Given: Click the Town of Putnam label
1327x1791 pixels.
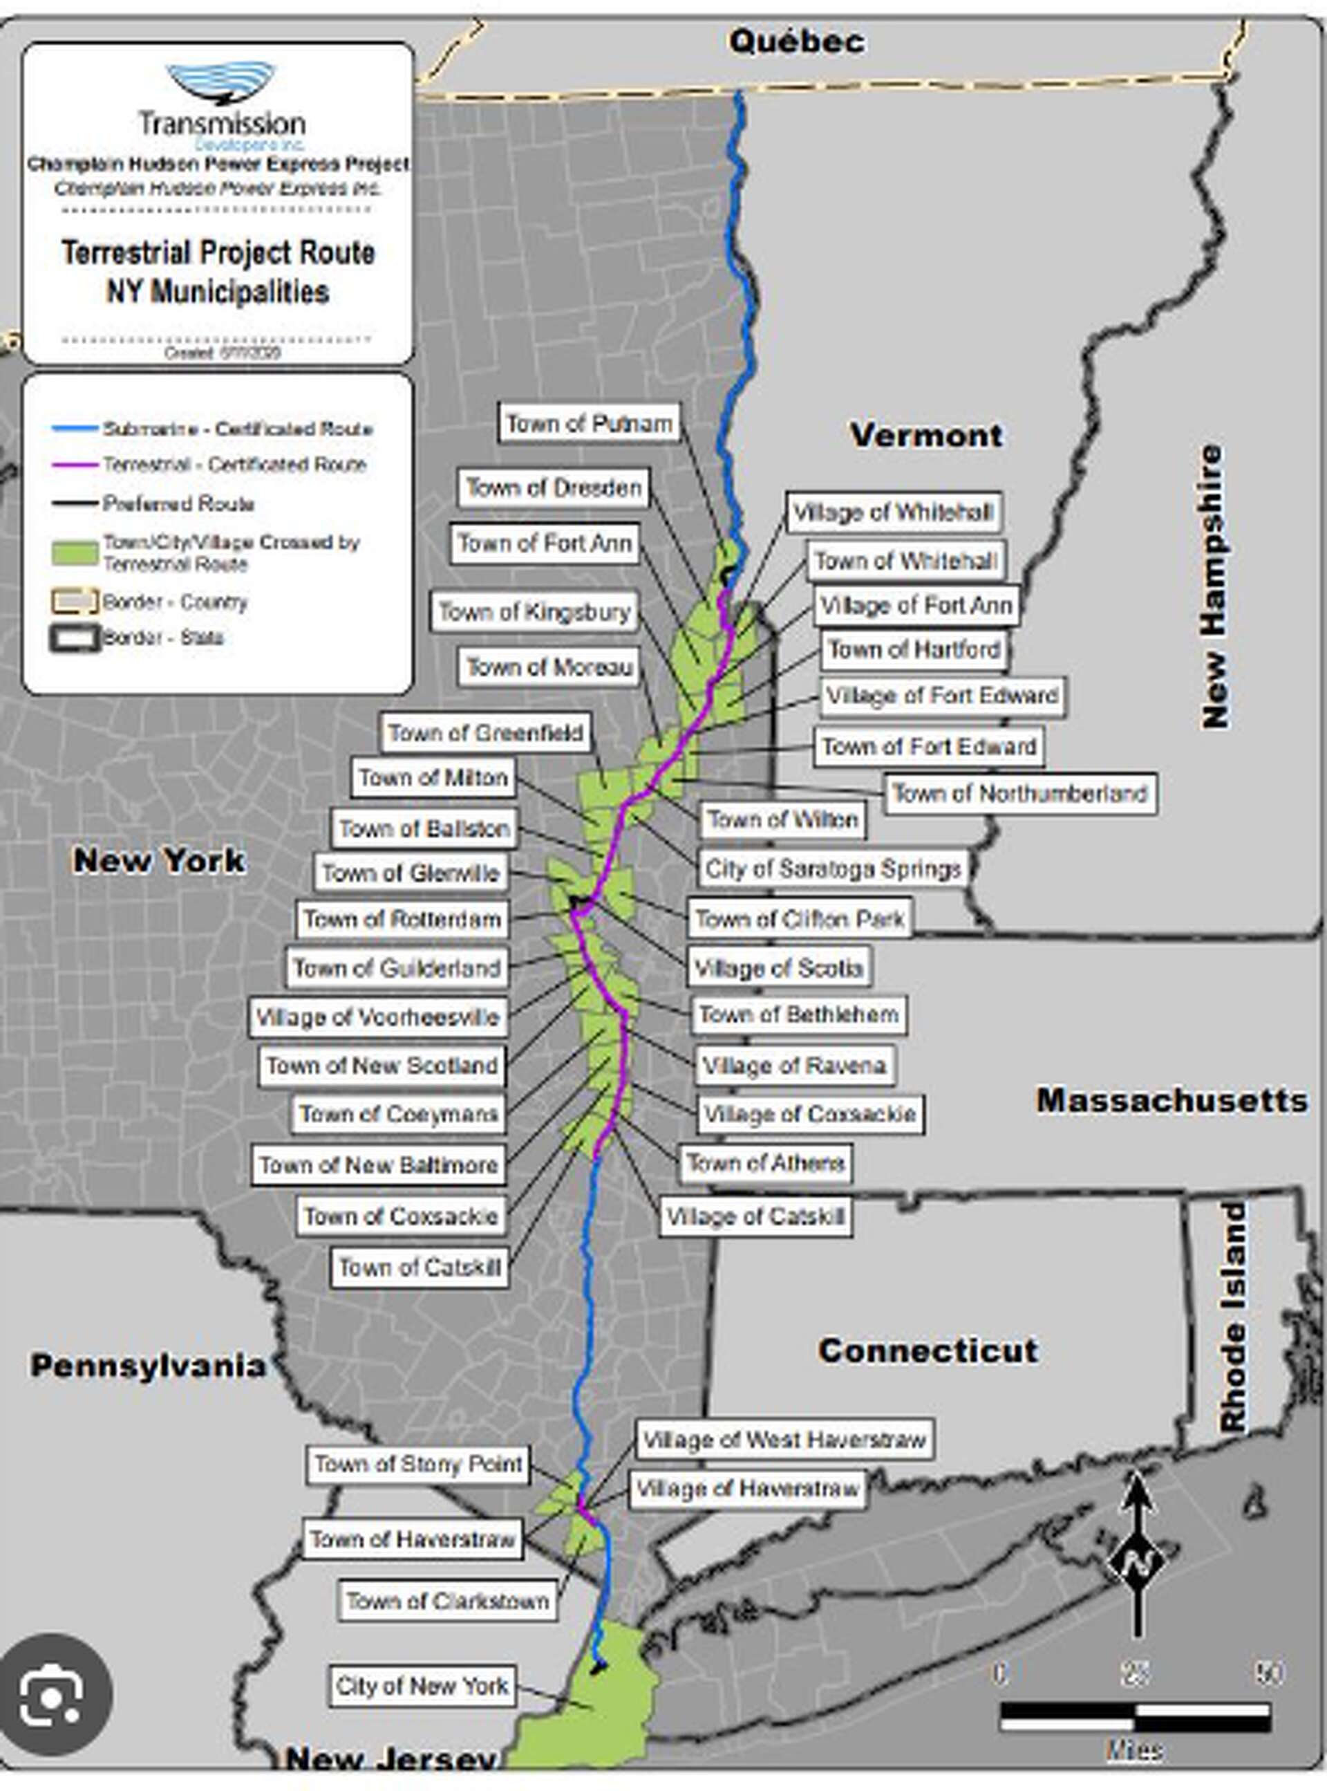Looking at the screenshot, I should point(589,423).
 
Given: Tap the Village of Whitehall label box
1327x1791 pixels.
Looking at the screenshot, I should point(893,512).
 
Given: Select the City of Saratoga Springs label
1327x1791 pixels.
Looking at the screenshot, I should point(833,869).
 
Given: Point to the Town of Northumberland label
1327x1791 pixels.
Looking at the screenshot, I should point(1019,794).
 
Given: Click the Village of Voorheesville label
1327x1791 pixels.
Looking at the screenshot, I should point(377,1017).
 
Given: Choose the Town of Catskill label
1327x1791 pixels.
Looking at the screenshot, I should point(420,1267).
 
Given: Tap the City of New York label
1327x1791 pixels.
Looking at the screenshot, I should point(422,1685).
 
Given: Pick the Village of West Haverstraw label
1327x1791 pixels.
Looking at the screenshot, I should point(784,1439).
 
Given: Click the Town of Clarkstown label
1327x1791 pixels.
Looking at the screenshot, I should point(447,1601).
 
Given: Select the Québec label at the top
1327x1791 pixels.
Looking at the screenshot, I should point(797,41).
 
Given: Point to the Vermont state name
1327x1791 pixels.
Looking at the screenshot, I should point(925,436).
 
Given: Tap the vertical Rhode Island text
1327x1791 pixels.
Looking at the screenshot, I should point(1233,1318).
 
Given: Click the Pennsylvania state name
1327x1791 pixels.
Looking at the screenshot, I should point(147,1365).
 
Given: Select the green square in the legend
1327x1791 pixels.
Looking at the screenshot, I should point(75,553).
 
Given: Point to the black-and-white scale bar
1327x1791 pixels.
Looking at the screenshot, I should point(1134,1717).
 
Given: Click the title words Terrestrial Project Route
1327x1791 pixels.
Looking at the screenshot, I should point(218,252).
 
